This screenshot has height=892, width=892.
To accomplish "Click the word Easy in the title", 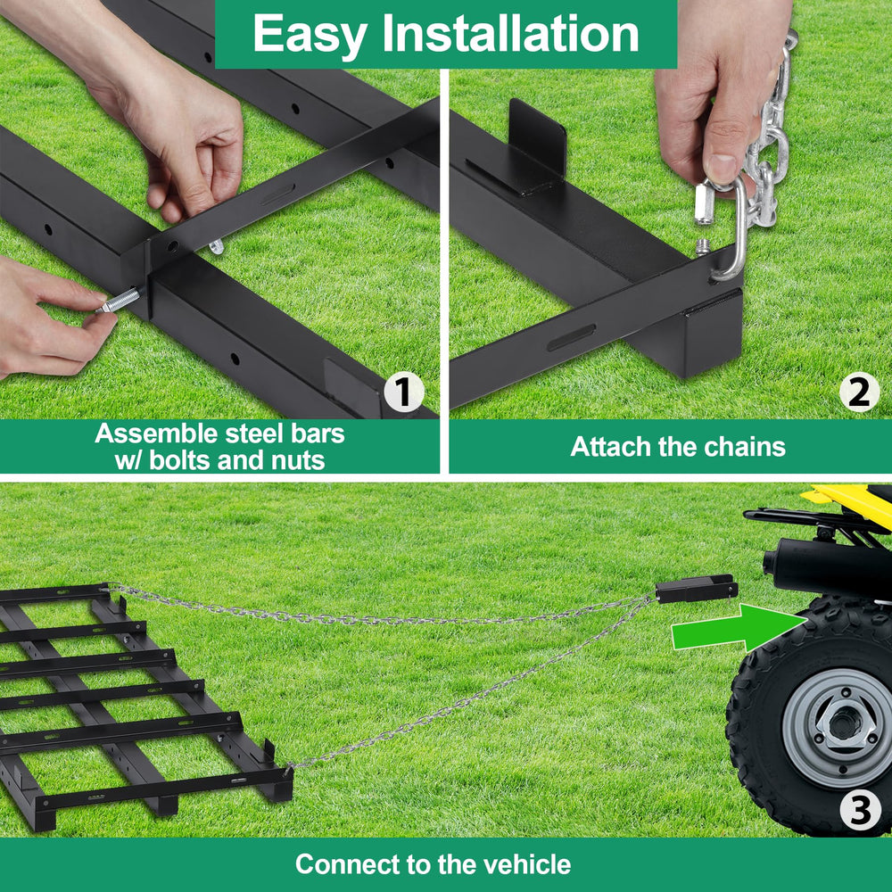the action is (310, 34).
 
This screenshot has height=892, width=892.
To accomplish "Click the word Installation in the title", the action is (511, 33).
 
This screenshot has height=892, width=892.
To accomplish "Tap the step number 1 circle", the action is (403, 392).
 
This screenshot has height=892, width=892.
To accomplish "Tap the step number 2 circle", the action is (859, 392).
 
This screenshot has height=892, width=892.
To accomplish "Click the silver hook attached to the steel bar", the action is (731, 230).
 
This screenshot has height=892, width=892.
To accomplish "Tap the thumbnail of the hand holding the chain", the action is (723, 169).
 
